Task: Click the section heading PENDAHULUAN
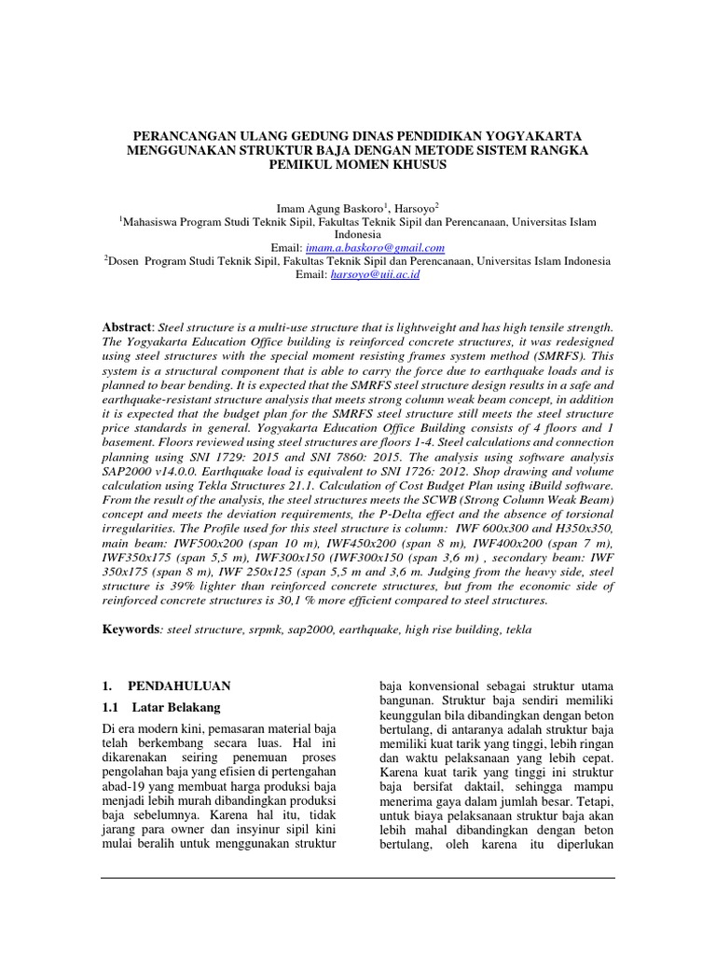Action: (x=179, y=685)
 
